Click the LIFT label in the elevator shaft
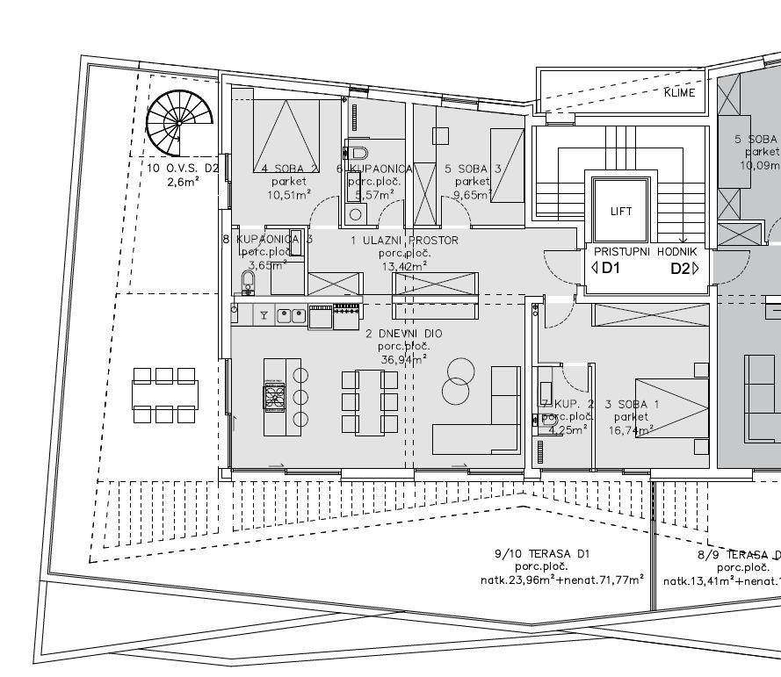point(620,212)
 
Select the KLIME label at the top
point(680,92)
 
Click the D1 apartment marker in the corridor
point(606,269)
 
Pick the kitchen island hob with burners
point(274,398)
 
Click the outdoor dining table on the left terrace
point(165,395)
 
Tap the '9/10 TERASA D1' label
point(542,554)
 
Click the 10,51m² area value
point(289,195)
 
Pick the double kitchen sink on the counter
point(291,315)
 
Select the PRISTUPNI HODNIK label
point(646,252)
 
